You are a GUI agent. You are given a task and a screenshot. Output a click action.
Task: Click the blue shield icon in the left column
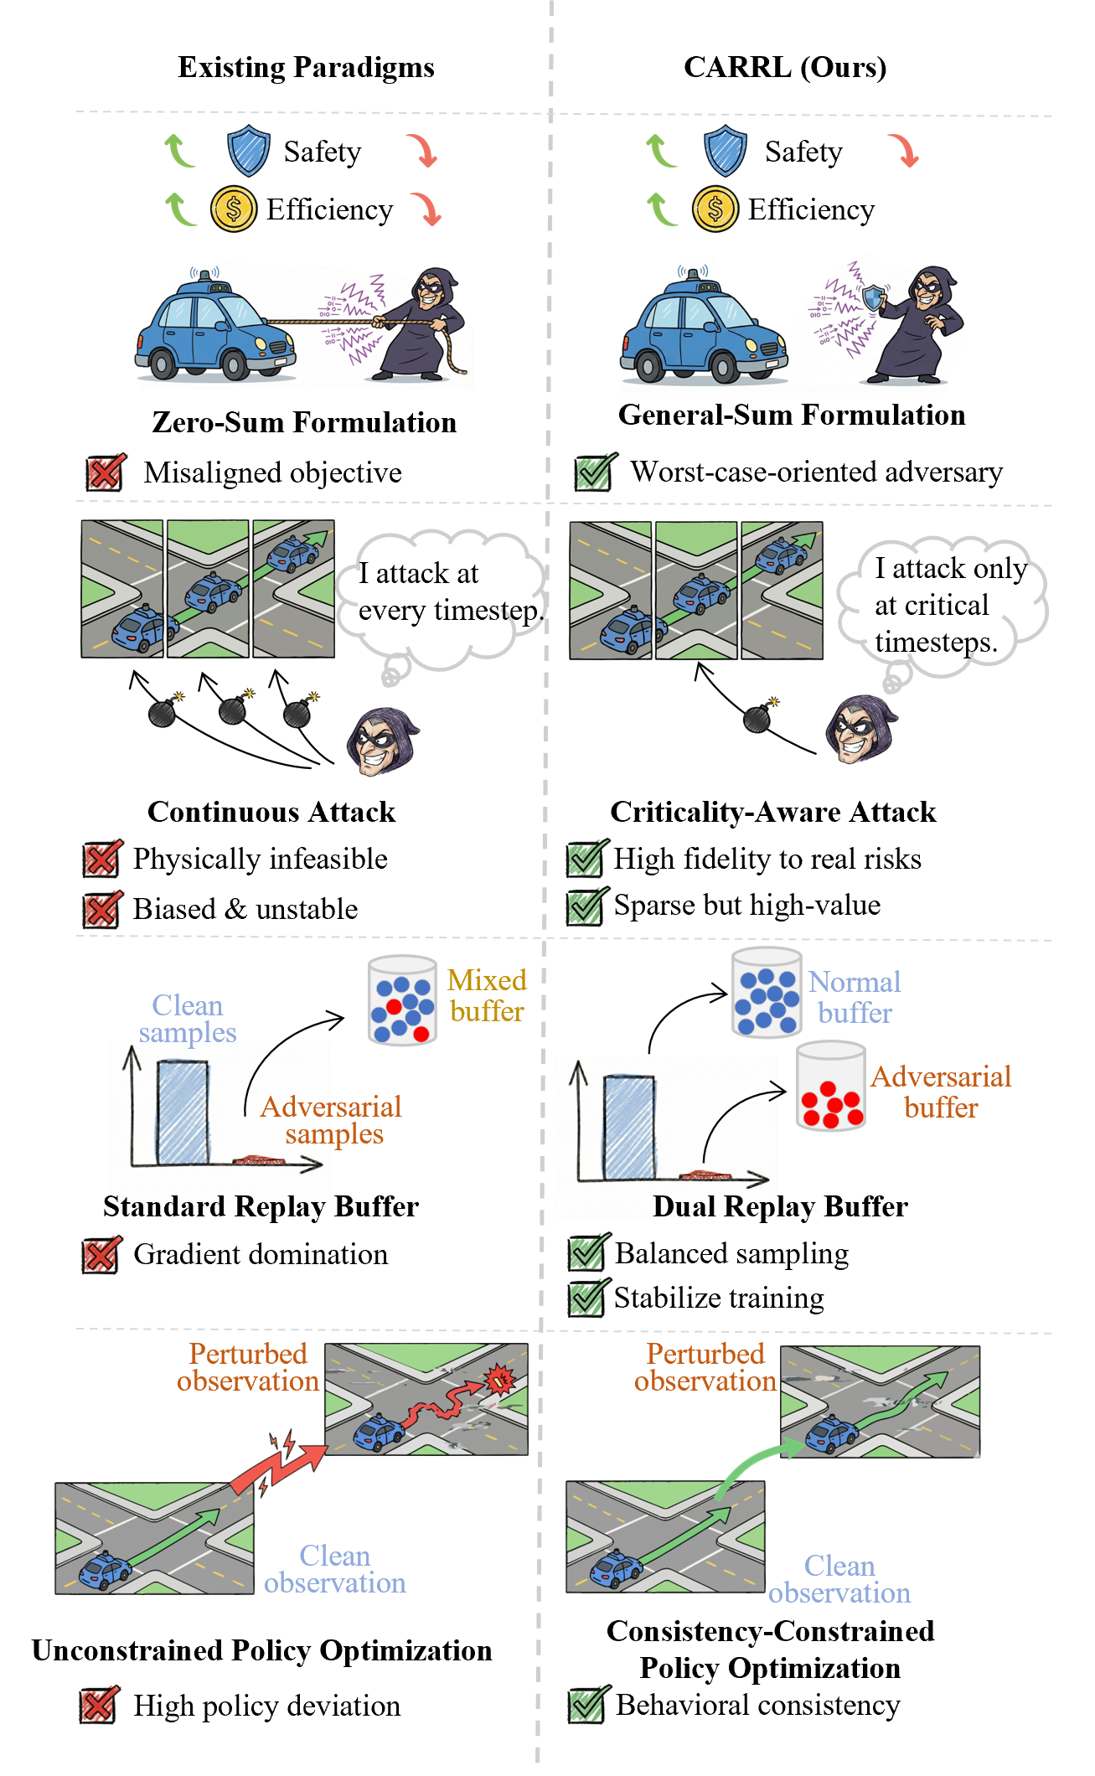pyautogui.click(x=249, y=151)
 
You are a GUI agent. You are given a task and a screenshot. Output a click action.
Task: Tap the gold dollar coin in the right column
pyautogui.click(x=715, y=209)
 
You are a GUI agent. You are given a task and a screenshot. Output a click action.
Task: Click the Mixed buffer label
pyautogui.click(x=487, y=996)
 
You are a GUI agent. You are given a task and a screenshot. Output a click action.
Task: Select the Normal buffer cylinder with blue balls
pyautogui.click(x=767, y=994)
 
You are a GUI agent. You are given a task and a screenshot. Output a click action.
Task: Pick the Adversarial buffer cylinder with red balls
pyautogui.click(x=830, y=1087)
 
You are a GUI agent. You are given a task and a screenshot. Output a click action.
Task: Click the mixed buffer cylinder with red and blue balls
pyautogui.click(x=402, y=1000)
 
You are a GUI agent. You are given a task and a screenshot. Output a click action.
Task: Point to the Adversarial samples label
pyautogui.click(x=332, y=1120)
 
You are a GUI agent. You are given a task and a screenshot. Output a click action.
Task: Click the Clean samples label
pyautogui.click(x=188, y=1019)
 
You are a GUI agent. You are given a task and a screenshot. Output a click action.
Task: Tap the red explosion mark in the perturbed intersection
pyautogui.click(x=501, y=1378)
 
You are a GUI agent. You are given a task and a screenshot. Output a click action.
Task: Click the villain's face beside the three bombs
pyautogui.click(x=381, y=741)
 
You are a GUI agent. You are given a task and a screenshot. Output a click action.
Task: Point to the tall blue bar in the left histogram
pyautogui.click(x=183, y=1113)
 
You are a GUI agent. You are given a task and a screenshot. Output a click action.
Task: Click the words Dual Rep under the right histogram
pyautogui.click(x=714, y=1206)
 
